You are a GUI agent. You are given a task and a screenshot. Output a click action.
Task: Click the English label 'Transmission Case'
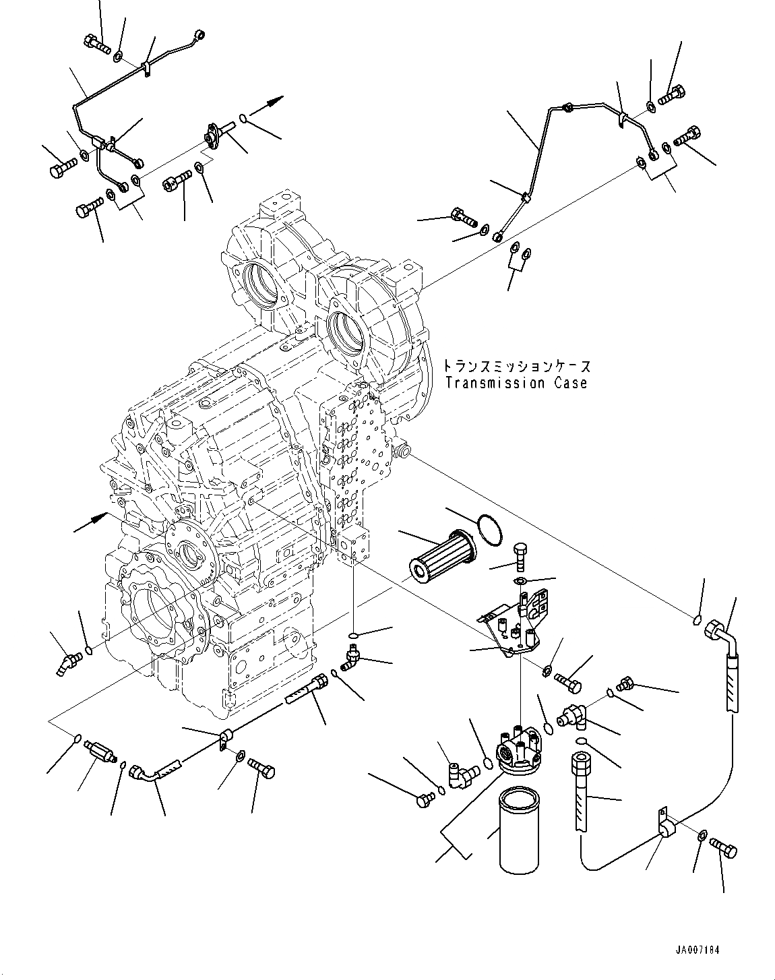[x=516, y=383]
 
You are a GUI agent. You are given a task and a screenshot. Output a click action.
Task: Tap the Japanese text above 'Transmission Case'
[x=516, y=367]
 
